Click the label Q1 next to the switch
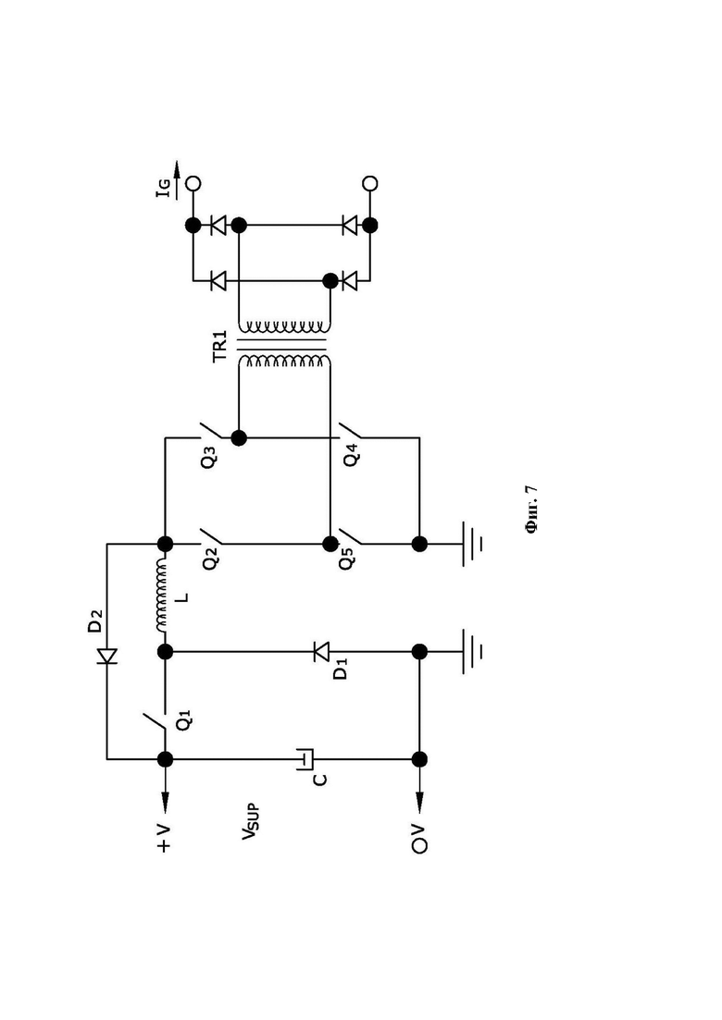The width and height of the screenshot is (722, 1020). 185,720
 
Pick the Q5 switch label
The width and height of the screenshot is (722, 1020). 347,559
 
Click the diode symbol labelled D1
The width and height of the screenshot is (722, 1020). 321,651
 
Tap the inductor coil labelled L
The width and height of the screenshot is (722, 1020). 161,596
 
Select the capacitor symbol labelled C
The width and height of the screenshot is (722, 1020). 305,759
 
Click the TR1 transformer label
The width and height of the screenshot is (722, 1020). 220,346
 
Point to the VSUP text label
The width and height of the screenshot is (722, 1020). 251,821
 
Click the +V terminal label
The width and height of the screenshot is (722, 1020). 164,839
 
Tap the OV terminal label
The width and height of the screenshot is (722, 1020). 420,839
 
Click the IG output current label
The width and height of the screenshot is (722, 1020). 166,188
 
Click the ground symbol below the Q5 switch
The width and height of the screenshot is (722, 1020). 472,543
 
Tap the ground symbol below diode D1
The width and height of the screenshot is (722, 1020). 472,651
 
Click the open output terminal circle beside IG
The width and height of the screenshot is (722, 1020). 193,183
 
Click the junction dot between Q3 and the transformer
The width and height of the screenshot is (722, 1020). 239,437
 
